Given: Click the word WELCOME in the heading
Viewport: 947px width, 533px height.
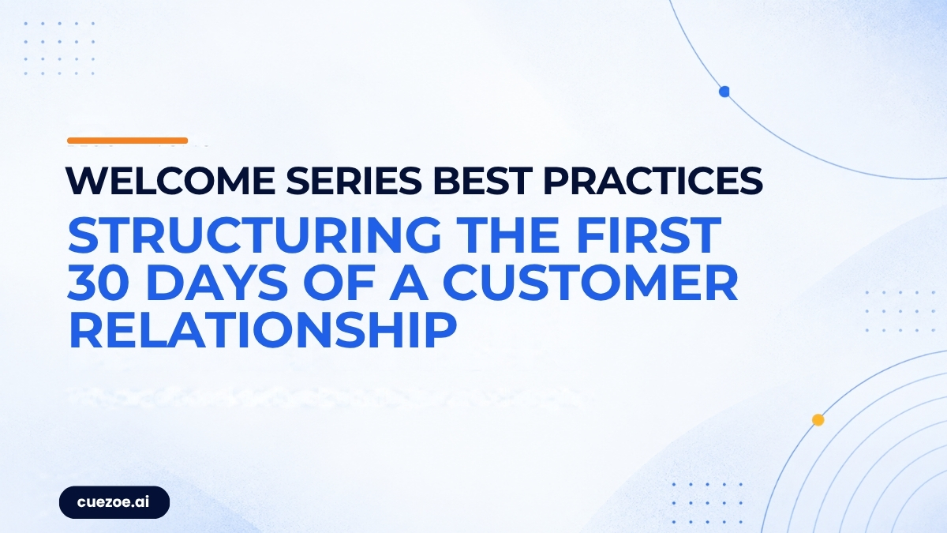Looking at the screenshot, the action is click(170, 181).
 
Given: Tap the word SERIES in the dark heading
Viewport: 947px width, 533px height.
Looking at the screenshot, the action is click(354, 181).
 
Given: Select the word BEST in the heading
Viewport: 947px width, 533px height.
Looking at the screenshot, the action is click(482, 181).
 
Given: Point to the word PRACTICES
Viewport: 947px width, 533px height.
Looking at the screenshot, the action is click(653, 181).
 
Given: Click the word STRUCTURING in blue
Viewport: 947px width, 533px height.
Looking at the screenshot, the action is click(254, 235).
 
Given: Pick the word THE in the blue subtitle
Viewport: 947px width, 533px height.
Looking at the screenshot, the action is click(510, 235).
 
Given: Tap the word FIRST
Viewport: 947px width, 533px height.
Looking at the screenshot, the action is click(649, 235).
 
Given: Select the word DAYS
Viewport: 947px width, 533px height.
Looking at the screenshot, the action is click(219, 283).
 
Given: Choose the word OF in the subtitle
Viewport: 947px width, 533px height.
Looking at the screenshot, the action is click(339, 283).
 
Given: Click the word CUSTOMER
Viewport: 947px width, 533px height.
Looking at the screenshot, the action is click(590, 283).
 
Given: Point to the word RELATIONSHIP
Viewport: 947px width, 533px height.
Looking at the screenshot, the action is click(263, 330).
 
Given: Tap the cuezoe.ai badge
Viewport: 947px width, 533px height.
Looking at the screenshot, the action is click(114, 502).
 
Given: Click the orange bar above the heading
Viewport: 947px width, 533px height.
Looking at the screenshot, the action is click(127, 141).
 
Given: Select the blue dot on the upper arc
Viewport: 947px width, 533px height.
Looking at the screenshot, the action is click(724, 92).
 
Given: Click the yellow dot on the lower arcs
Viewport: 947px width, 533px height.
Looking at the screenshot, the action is click(818, 420).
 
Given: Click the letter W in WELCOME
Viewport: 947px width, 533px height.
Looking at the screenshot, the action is click(88, 181).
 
